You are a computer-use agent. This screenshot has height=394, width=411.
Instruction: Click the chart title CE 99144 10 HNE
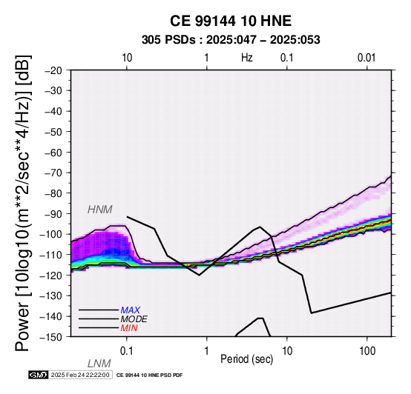pos(231,21)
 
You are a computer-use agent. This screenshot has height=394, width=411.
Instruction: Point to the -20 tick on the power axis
pos(53,70)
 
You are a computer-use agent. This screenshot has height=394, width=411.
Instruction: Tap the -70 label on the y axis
pos(53,173)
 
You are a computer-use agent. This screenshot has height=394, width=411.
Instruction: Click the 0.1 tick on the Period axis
pos(127,351)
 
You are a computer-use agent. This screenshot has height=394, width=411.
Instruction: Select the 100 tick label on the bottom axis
pos(367,351)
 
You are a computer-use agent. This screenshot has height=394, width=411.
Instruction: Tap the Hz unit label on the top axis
pos(247,58)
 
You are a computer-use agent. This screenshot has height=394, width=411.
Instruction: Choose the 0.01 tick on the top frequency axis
pos(366,58)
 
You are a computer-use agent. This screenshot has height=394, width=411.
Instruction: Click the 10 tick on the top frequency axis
pos(127,58)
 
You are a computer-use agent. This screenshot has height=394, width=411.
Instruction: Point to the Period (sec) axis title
pos(247,359)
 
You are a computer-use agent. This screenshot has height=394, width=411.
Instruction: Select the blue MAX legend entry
pos(131,310)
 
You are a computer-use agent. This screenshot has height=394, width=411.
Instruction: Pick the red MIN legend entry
pos(129,328)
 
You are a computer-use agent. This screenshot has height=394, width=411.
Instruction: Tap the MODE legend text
pos(134,319)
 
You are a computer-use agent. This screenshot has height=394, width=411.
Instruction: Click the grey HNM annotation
pos(100,210)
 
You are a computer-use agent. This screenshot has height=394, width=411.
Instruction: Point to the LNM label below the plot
pos(99,364)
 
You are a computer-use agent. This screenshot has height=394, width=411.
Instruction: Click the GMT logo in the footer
pos(39,375)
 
